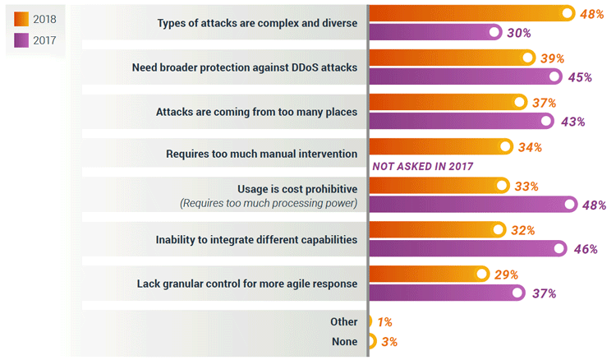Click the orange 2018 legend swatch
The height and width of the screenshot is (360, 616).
(21, 19)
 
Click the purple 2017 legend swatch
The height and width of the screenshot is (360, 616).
(21, 40)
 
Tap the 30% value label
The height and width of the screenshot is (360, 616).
(519, 33)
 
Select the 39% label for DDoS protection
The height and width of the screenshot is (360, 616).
(553, 58)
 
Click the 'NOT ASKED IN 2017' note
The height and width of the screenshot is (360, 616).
(423, 167)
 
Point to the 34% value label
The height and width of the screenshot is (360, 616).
(530, 147)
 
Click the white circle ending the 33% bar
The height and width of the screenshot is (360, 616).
(502, 185)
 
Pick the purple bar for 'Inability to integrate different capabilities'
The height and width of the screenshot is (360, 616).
(468, 248)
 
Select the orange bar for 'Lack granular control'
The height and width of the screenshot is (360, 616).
(430, 274)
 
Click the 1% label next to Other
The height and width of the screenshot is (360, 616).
(385, 322)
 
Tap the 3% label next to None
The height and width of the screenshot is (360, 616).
(389, 342)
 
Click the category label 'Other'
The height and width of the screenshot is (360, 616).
(344, 321)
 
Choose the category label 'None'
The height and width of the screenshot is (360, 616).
(344, 342)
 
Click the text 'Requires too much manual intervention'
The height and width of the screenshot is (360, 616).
(262, 154)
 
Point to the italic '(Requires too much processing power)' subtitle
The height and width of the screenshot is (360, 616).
(269, 203)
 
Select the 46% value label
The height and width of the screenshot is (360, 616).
(586, 249)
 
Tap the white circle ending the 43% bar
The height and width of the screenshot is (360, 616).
(546, 121)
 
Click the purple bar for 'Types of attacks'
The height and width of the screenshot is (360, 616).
(436, 32)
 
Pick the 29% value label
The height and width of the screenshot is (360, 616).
(506, 275)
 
